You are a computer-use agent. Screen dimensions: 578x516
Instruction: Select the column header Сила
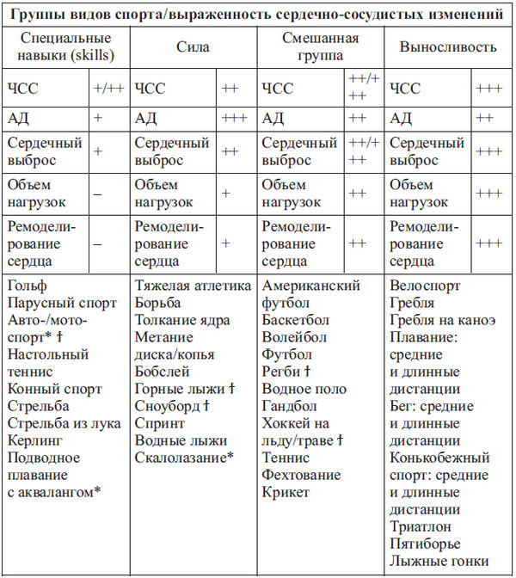[x=194, y=49]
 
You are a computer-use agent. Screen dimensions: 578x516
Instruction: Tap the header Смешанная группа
[x=320, y=47]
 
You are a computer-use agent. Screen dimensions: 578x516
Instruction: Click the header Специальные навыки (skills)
[x=66, y=47]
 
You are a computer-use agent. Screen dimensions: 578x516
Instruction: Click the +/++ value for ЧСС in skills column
[x=107, y=88]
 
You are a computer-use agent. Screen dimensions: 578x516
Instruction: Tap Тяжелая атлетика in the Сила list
[x=193, y=286]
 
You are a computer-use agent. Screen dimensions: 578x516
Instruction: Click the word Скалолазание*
[x=184, y=458]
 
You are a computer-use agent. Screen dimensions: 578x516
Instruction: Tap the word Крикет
[x=286, y=492]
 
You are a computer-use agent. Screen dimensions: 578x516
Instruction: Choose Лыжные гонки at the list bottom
[x=439, y=561]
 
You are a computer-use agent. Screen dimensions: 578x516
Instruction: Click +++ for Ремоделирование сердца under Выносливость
[x=489, y=243]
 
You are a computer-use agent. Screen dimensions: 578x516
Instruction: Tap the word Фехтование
[x=301, y=475]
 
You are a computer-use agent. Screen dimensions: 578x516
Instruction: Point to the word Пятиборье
[x=425, y=544]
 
